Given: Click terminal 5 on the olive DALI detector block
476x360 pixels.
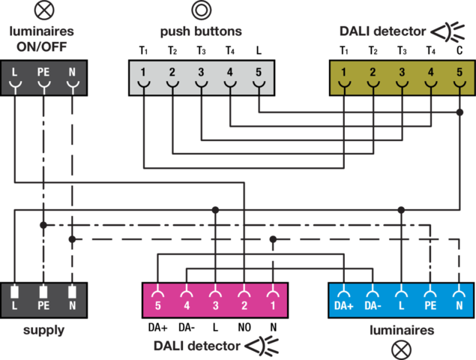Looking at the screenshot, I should pos(460,73).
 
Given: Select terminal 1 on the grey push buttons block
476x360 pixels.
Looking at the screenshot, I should pos(143,73).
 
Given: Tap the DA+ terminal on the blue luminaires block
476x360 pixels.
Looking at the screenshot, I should pos(343,306).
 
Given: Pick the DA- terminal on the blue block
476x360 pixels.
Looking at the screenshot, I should pos(373,306).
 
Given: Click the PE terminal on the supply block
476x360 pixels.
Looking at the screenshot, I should pos(43,306).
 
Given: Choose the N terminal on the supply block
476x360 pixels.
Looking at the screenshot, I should pos(72,306).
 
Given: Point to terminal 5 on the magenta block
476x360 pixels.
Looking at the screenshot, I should pos(157,306).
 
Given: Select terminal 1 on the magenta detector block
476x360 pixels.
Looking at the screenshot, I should pos(274,306).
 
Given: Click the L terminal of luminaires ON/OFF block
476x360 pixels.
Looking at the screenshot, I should pos(14,73).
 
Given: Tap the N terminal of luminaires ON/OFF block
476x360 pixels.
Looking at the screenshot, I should pos(72,73).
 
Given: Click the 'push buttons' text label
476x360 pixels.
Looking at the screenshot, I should pos(201,32).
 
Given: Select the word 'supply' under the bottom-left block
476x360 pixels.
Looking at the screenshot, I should pos(43,330).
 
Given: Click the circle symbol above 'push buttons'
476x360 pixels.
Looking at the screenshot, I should pos(200,10).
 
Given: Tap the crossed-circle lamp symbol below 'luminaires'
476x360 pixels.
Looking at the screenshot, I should pos(403,349).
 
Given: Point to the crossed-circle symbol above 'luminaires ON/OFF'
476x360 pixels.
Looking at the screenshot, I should pos(42,10).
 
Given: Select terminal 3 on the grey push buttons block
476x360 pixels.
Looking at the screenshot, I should pos(201,73).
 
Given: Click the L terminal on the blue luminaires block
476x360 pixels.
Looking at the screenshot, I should pos(401,306).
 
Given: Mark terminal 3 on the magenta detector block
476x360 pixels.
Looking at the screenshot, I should pos(215,306).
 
